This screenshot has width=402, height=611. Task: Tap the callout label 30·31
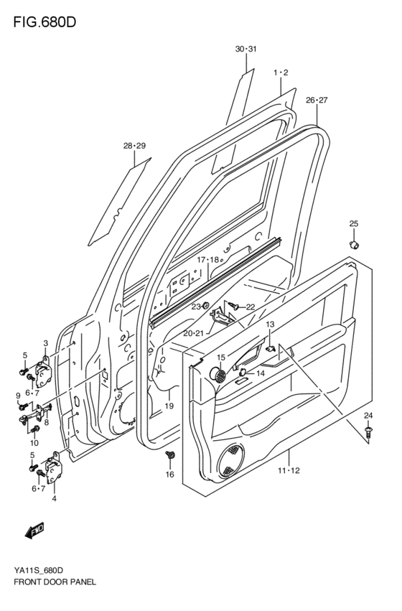tap(246, 49)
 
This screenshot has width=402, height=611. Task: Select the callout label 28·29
tap(134, 146)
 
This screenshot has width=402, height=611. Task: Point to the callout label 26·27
tap(316, 100)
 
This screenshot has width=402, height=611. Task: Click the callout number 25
tap(353, 224)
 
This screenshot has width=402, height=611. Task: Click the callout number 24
tap(368, 416)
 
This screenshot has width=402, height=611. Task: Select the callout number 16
tap(170, 475)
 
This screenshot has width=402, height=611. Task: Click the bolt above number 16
tap(171, 455)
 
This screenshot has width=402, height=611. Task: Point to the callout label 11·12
tap(289, 470)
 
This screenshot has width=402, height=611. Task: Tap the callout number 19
tap(169, 406)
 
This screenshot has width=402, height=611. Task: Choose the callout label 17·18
tap(209, 259)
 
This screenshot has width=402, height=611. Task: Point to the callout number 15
tap(221, 358)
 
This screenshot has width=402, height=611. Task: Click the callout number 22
tap(251, 307)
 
